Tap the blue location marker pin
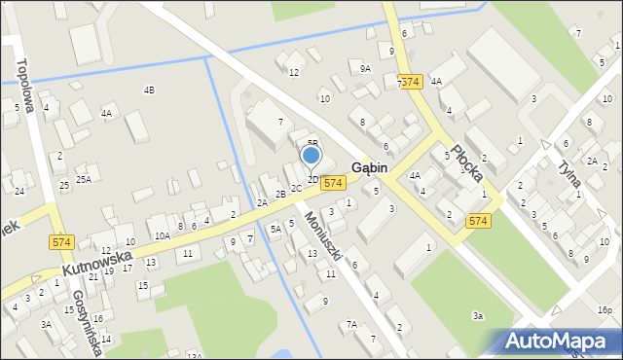click(x=311, y=157)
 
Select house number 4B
click(x=149, y=90)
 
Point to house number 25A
click(x=84, y=179)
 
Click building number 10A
click(x=162, y=235)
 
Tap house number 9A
click(x=365, y=69)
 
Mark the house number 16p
click(x=605, y=310)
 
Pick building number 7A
click(x=351, y=324)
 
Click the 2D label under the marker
click(x=313, y=179)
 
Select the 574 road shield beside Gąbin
click(x=333, y=183)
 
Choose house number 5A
click(x=275, y=230)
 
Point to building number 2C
click(x=296, y=188)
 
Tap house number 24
click(x=19, y=191)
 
